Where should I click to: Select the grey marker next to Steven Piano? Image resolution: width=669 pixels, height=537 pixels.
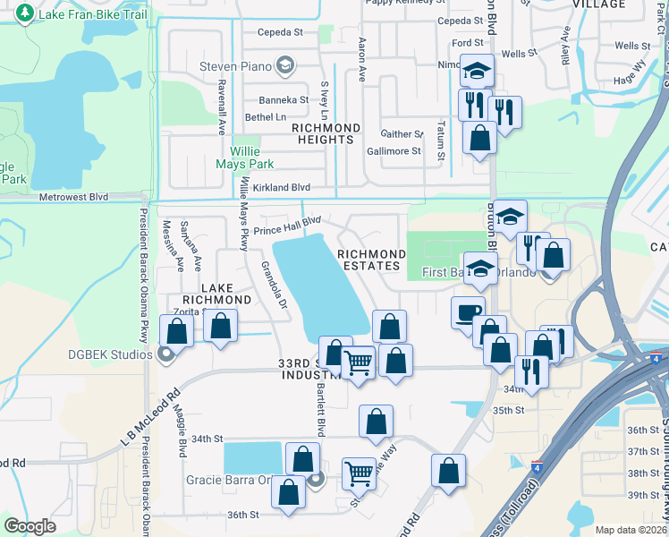pos(285,65)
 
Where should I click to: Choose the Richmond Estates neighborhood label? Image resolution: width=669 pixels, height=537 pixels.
pos(368,260)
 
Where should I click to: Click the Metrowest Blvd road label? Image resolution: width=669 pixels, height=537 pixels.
pos(72,197)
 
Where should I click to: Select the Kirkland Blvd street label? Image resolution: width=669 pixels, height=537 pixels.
pos(281,188)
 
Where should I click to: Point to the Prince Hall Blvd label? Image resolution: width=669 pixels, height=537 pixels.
pos(287,226)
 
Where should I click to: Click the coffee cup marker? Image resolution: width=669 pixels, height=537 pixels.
pos(467,313)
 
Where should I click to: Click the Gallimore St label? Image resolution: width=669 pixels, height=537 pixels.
pos(394,151)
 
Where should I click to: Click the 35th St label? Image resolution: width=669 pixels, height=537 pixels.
pos(507,410)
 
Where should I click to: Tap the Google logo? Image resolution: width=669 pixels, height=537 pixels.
pos(30,526)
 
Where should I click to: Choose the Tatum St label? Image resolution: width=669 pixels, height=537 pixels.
pos(440,141)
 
